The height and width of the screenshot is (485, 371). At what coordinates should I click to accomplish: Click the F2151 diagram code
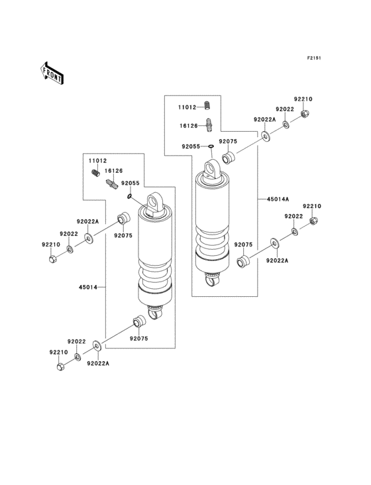point(313,58)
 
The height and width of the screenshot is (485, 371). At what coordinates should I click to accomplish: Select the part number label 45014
point(89,288)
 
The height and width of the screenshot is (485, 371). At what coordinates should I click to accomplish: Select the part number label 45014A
point(278,198)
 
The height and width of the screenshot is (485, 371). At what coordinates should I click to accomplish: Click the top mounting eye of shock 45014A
point(212,169)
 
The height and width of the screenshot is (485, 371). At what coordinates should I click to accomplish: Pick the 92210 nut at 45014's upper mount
point(53,258)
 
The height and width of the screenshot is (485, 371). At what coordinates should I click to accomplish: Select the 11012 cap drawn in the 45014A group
point(207,105)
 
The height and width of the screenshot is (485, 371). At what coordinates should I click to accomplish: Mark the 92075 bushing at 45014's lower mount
point(138,323)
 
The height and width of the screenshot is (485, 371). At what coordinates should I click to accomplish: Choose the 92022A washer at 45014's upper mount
point(88,237)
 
